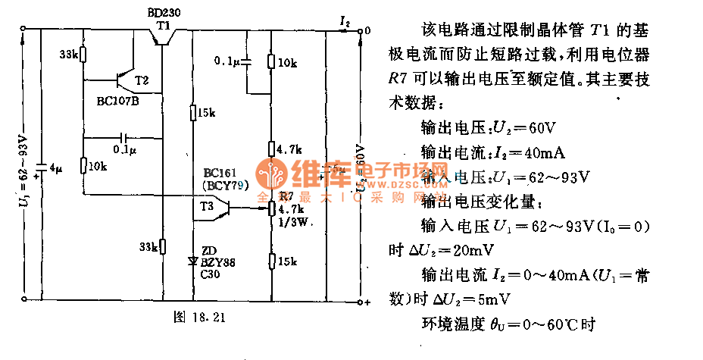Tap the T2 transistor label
point(142,80)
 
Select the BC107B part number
point(118,99)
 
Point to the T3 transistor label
point(208,205)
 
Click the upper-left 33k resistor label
point(70,55)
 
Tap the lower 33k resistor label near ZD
point(148,246)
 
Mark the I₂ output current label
point(345,23)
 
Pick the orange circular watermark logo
point(270,175)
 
